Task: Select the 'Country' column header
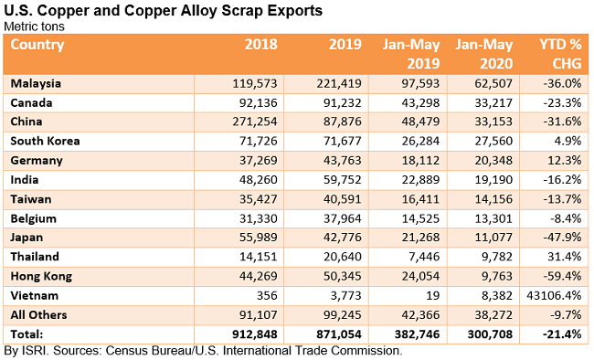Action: pyautogui.click(x=38, y=44)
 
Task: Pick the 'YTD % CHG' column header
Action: pyautogui.click(x=557, y=54)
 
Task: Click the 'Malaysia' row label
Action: pyautogui.click(x=37, y=83)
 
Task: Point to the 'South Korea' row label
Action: pyautogui.click(x=46, y=141)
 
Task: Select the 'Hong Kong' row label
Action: pyautogui.click(x=42, y=275)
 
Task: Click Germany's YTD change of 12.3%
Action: pyautogui.click(x=565, y=160)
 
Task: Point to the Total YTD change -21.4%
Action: pyautogui.click(x=561, y=334)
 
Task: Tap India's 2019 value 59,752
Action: pyautogui.click(x=343, y=179)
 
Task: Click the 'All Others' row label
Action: pyautogui.click(x=39, y=313)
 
